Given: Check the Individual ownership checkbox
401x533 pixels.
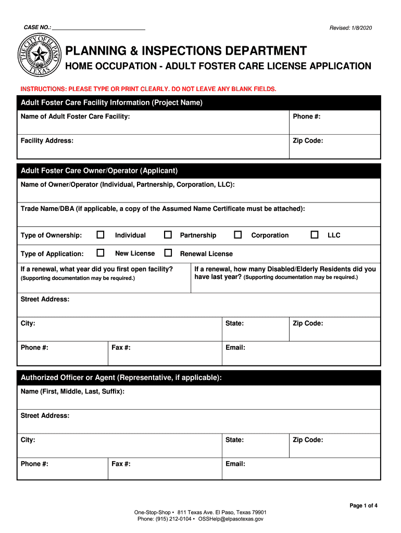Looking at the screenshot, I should point(101,235).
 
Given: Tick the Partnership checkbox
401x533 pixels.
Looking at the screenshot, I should point(168,235).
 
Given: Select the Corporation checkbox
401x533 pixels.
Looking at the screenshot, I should point(238,235).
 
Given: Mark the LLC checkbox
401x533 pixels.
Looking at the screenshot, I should point(315,235).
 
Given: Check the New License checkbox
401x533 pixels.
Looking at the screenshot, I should point(101,253).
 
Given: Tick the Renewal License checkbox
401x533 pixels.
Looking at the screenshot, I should point(168,253).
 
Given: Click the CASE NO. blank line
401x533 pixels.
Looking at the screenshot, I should point(98,28).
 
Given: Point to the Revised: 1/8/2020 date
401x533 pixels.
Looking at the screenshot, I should point(350,28).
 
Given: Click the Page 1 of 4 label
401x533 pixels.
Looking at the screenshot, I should point(363,505).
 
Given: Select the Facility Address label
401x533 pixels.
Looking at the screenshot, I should point(47,141).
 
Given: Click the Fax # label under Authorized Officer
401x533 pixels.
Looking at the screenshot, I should point(121,464).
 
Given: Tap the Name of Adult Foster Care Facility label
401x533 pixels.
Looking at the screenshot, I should point(75,117).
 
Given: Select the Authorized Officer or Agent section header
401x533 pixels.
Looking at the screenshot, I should point(121,377).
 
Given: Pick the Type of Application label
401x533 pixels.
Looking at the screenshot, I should point(52,253).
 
